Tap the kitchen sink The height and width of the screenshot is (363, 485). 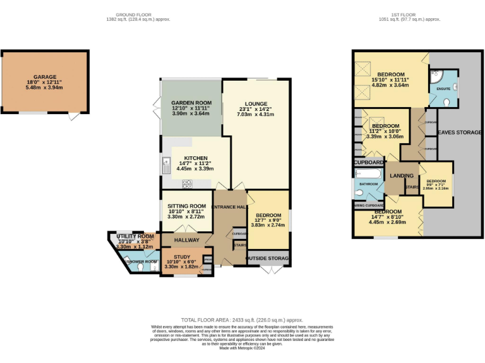pos(165,166)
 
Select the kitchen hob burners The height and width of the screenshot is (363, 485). pos(188,183)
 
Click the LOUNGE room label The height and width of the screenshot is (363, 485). pos(256,104)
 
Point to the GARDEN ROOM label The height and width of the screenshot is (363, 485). pos(191,103)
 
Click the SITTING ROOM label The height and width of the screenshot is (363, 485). pos(186,206)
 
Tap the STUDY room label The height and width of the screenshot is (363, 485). pos(182,256)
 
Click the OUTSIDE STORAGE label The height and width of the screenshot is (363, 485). pos(268,258)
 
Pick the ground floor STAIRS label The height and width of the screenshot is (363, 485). pos(239,245)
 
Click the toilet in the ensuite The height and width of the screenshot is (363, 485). pos(447,101)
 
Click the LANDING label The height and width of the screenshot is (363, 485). pos(401,176)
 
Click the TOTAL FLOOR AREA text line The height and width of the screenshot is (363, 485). pos(242,320)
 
